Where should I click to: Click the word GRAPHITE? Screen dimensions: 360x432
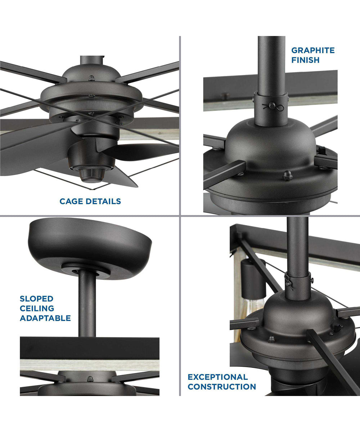pyautogui.click(x=313, y=50)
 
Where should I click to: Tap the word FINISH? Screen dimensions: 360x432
pyautogui.click(x=305, y=60)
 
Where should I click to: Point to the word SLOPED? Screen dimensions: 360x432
pyautogui.click(x=37, y=298)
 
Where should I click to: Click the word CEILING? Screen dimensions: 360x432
pyautogui.click(x=37, y=308)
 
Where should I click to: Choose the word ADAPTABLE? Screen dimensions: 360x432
pyautogui.click(x=45, y=318)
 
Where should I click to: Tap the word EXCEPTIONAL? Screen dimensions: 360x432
pyautogui.click(x=218, y=377)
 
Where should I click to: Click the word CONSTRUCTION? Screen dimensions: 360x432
pyautogui.click(x=222, y=387)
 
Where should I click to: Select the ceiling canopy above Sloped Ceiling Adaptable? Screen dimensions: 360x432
pyautogui.click(x=90, y=248)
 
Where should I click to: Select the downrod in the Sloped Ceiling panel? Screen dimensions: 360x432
pyautogui.click(x=87, y=305)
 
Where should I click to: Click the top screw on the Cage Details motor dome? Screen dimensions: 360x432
pyautogui.click(x=91, y=78)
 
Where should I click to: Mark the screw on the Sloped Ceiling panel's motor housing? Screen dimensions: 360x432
pyautogui.click(x=90, y=379)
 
